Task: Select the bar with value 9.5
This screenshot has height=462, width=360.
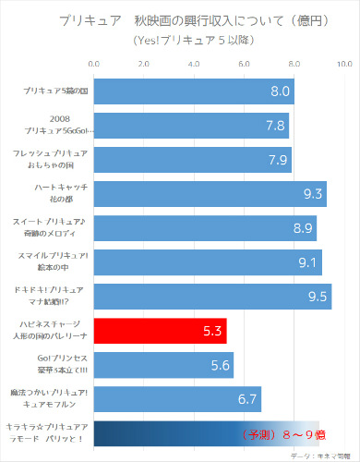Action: [x=212, y=297]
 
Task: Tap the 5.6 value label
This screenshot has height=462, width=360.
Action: [x=221, y=365]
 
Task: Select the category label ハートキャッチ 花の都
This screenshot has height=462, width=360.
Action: [x=54, y=193]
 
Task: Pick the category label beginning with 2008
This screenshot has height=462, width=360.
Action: [x=54, y=125]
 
